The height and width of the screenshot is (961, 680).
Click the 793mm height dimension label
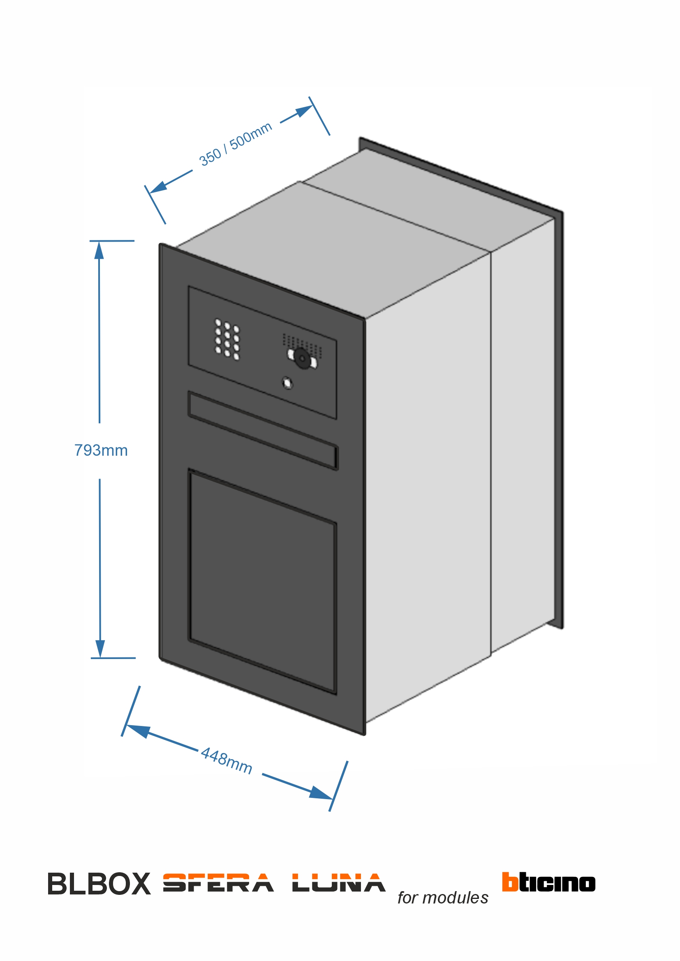101,450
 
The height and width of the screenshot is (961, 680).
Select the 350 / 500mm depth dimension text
235,144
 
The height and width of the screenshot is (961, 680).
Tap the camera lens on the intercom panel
302,358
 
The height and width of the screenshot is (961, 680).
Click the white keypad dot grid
227,339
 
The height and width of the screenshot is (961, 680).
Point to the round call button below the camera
287,383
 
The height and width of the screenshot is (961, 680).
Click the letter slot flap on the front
263,431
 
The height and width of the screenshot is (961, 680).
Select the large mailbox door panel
263,582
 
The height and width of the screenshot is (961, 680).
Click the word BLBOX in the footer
99,885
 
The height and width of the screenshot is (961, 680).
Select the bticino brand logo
548,882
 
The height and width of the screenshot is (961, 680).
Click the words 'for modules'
443,898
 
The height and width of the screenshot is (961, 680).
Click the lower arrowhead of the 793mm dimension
100,648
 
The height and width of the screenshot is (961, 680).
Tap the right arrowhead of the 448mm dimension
321,793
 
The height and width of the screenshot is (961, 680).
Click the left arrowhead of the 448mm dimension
137,731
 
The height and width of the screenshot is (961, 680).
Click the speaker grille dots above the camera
302,341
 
